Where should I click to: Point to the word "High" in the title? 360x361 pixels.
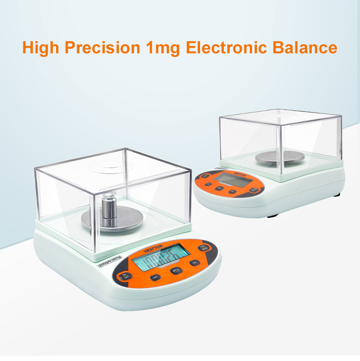coord(41,48)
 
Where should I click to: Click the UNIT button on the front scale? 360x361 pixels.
coord(156,277)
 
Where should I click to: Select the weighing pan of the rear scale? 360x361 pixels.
coord(280,157)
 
